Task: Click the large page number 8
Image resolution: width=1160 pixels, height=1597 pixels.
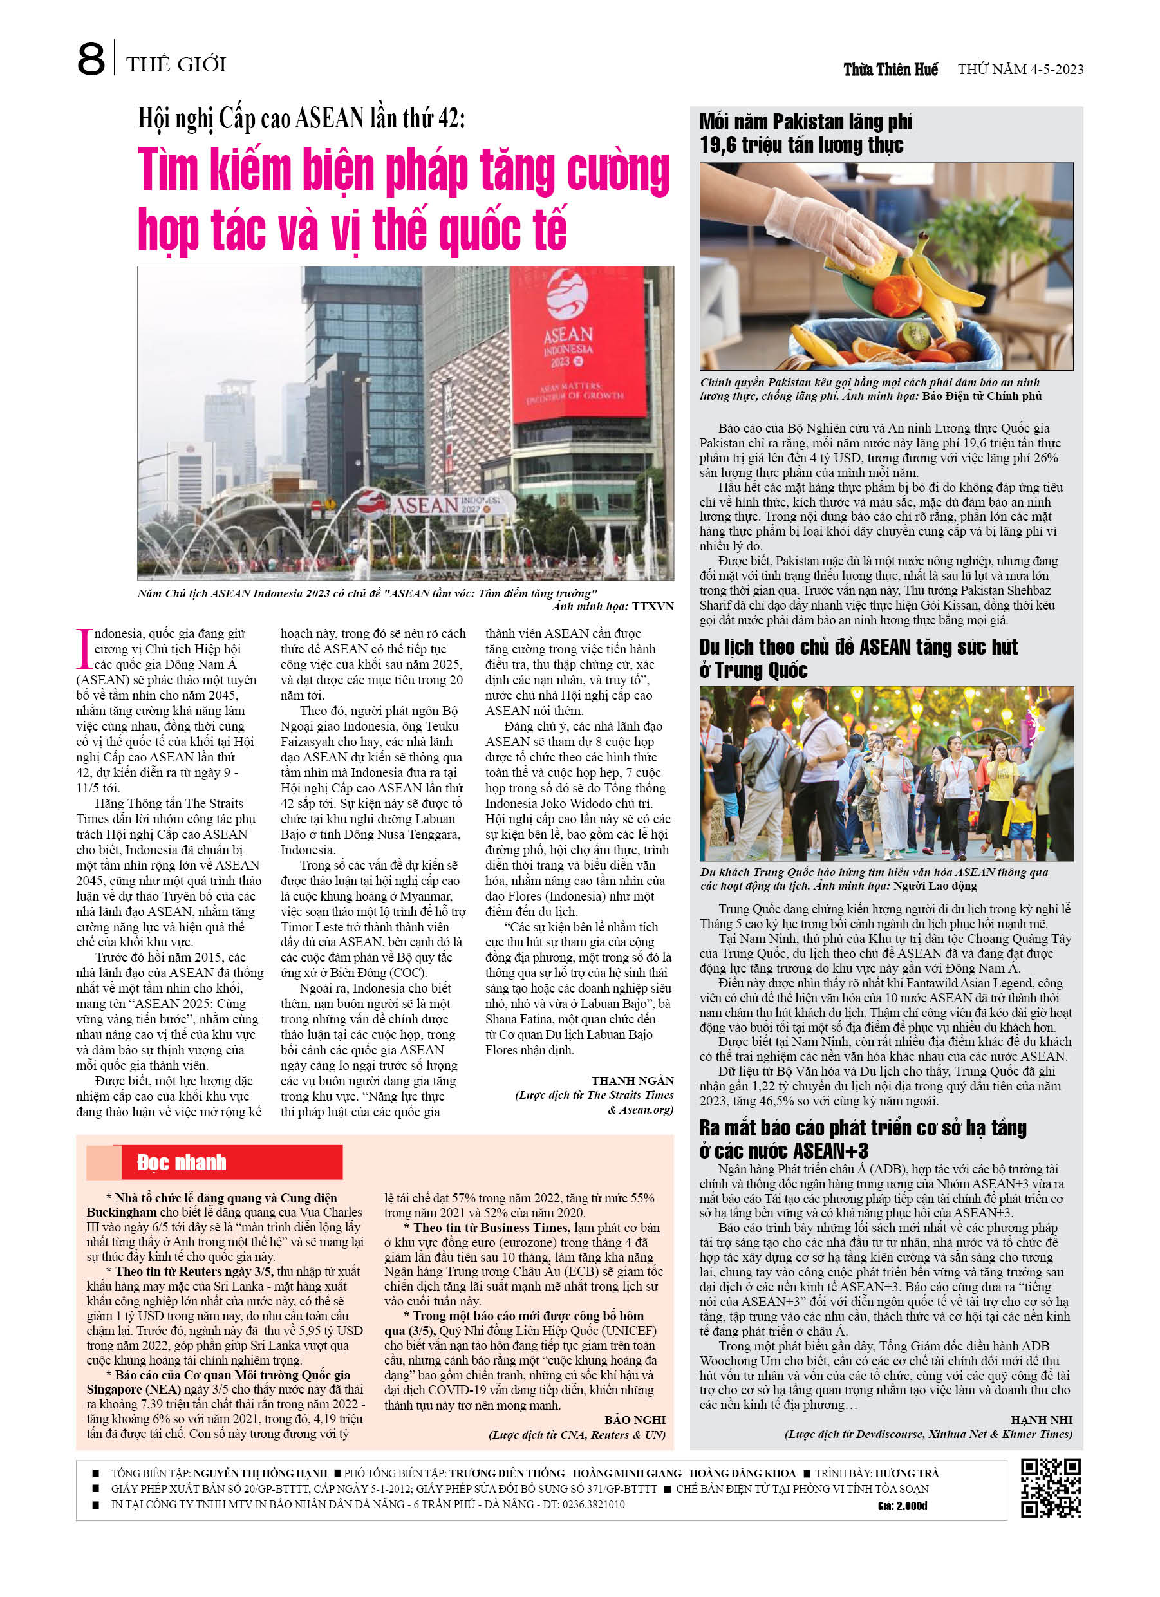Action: pos(90,61)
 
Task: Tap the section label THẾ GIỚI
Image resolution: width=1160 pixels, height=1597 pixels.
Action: pos(176,65)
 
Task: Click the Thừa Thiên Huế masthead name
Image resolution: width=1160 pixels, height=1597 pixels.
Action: pos(890,69)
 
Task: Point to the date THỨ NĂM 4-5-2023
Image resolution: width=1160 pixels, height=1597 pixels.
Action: pos(1020,69)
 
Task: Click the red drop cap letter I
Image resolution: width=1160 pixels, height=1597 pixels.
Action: pos(84,648)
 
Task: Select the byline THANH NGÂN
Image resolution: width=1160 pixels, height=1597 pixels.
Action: pos(631,1080)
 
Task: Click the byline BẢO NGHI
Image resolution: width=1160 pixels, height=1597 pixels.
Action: pos(634,1419)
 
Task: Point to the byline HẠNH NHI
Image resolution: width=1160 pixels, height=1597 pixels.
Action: pos(1041,1419)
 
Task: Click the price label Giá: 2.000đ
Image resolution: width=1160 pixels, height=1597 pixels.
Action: pos(903,1506)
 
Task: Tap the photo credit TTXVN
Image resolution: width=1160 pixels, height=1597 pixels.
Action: pos(652,606)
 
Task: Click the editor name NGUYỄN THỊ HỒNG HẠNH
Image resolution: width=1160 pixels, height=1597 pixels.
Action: pos(260,1472)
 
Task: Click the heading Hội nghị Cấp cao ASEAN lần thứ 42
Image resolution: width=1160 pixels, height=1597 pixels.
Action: pos(301,119)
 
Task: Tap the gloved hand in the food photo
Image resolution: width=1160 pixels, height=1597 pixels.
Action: pos(831,211)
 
